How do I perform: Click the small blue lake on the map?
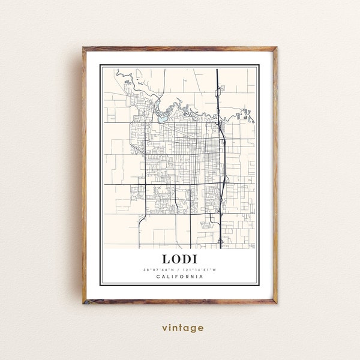163,118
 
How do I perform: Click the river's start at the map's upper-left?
119,74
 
